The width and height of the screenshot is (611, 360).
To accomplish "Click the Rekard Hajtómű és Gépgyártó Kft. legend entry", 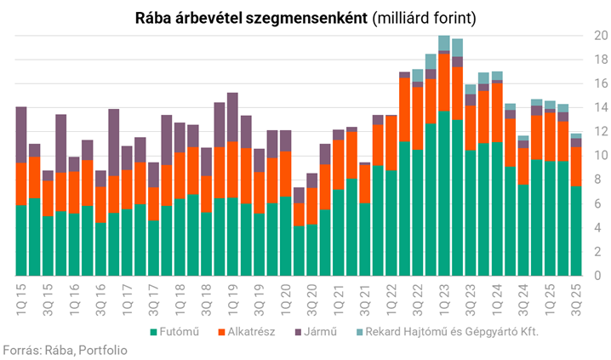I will (x=448, y=331).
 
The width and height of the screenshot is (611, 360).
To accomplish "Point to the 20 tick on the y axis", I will (x=601, y=36).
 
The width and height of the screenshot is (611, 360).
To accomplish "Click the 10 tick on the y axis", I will (x=601, y=156).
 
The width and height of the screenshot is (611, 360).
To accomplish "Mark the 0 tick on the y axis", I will (x=601, y=276).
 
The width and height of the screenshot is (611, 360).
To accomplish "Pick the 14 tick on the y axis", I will (x=601, y=108).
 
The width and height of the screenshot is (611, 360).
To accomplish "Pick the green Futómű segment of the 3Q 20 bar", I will (x=312, y=250).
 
